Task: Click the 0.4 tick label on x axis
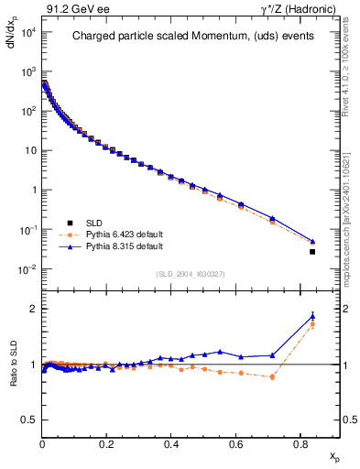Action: click(x=171, y=443)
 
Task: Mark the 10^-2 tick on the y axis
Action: click(x=27, y=269)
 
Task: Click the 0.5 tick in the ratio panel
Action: click(x=30, y=420)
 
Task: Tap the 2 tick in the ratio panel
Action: click(x=33, y=309)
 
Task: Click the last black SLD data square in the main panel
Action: click(x=312, y=252)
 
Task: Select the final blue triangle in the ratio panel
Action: click(x=312, y=316)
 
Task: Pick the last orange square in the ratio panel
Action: click(x=312, y=324)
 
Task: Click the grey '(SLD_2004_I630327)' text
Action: click(x=190, y=273)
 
